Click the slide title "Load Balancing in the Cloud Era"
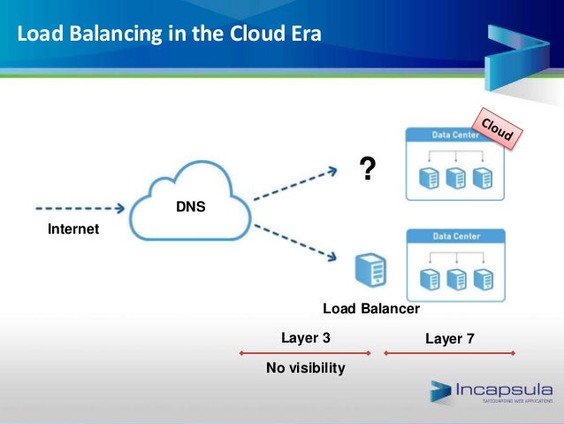click(x=169, y=35)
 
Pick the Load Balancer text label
click(x=370, y=309)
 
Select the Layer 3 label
click(x=305, y=337)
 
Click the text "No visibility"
click(x=305, y=367)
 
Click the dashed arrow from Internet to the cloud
click(x=80, y=211)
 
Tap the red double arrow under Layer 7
click(x=450, y=352)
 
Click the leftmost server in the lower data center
click(x=431, y=279)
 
